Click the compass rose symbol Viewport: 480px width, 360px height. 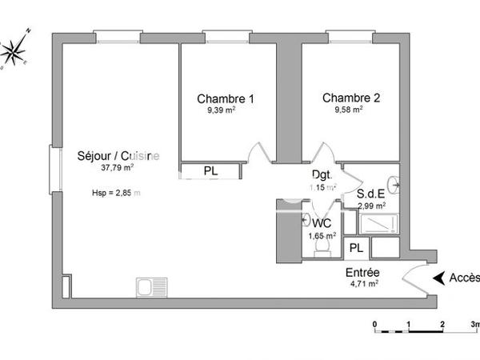16,50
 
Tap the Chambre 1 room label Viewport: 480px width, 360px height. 226,99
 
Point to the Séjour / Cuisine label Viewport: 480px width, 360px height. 118,156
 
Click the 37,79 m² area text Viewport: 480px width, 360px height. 117,169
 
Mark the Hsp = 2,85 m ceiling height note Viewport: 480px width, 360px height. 117,193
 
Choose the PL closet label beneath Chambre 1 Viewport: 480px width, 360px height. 210,171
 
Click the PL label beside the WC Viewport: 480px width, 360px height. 357,249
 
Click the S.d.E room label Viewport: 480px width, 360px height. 373,193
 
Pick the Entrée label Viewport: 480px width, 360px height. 362,272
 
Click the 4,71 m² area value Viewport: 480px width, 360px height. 362,283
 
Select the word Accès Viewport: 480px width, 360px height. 465,278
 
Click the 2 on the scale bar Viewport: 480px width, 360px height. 442,323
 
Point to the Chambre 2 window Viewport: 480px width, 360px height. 350,34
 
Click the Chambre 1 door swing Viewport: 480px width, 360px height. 256,153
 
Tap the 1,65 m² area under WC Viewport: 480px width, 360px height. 322,236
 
